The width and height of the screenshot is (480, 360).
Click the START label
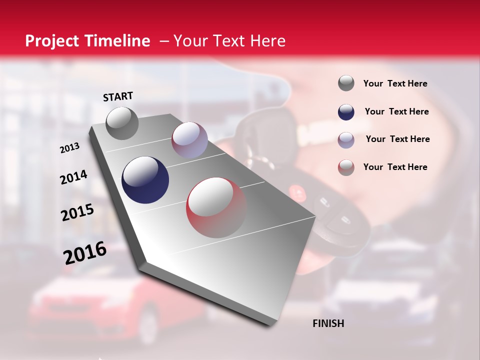[x=118, y=96]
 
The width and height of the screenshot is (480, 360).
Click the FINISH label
[x=328, y=323]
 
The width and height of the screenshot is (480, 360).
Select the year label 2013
[x=69, y=148]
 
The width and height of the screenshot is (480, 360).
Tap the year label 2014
[x=73, y=177]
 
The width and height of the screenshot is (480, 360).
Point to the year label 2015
[x=77, y=212]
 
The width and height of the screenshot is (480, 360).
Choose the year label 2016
[x=84, y=253]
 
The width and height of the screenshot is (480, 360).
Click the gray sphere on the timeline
[x=122, y=123]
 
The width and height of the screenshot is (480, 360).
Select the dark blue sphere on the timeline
[x=145, y=180]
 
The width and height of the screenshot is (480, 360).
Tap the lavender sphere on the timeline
[x=189, y=140]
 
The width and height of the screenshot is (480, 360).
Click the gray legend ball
[x=346, y=83]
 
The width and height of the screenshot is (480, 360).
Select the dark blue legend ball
[x=346, y=112]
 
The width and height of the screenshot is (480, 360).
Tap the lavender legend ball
[x=346, y=139]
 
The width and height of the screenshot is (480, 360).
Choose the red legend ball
[x=346, y=167]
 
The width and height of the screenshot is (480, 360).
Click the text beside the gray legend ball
[x=395, y=83]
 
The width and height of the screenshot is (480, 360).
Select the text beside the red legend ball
[x=395, y=167]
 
